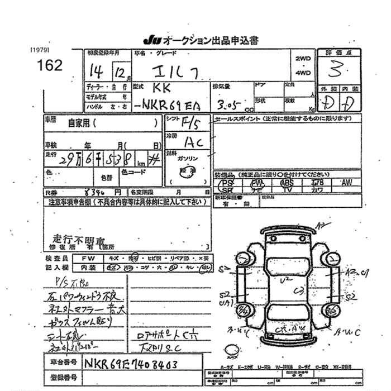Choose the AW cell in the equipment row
(x=346, y=183)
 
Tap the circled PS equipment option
(x=227, y=183)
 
